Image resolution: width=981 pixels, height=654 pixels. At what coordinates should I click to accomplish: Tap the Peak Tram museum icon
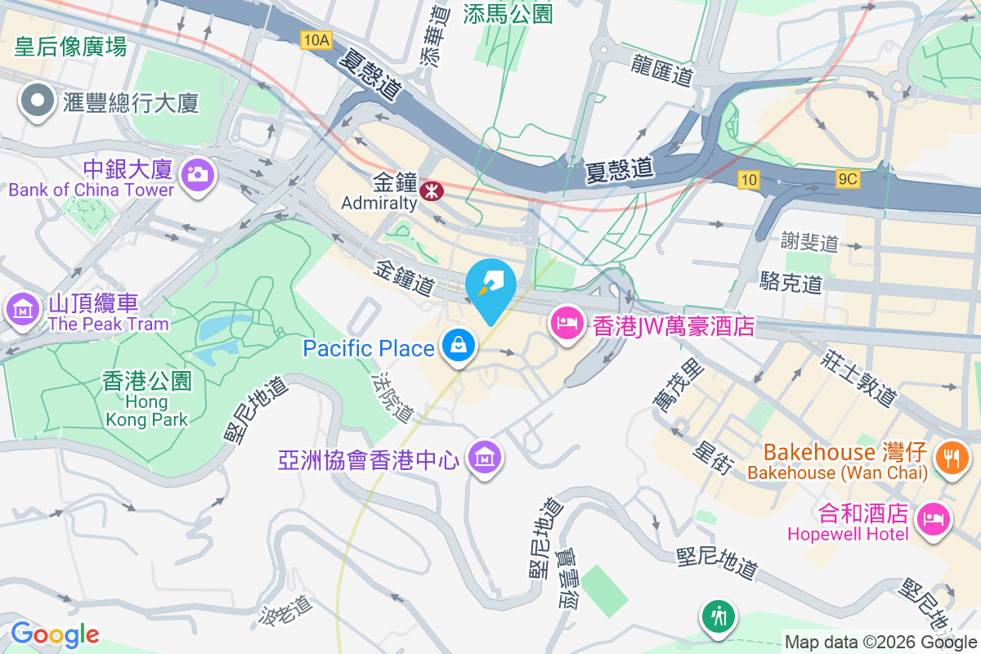[x=23, y=310]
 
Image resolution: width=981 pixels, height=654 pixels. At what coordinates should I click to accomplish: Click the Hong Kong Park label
[x=147, y=399]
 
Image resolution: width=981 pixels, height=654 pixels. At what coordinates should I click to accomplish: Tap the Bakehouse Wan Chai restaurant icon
[x=951, y=455]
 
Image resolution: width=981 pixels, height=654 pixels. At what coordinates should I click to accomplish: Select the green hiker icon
[x=719, y=615]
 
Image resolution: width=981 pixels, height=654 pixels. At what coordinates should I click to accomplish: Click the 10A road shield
[x=315, y=39]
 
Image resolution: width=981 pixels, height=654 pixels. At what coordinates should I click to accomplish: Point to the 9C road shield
[x=848, y=179]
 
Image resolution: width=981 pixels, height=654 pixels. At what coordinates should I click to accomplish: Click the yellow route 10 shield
[x=746, y=179]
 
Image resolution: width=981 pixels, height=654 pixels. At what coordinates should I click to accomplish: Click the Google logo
[x=55, y=634]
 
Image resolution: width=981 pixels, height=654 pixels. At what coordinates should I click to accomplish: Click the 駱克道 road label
[x=791, y=284]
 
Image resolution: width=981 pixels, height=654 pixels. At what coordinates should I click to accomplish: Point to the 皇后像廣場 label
[x=70, y=47]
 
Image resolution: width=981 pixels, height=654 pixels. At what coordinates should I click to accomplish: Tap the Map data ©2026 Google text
[x=880, y=642]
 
